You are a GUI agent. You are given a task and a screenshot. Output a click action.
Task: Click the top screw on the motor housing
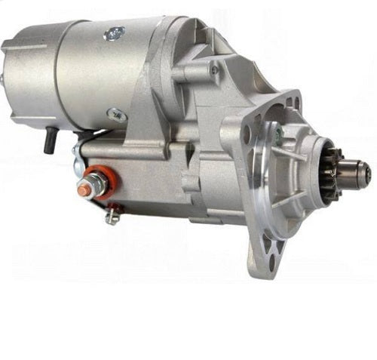(115, 32)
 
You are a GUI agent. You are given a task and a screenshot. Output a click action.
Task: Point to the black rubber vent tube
(49, 140)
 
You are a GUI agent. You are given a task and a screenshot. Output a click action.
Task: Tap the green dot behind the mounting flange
(279, 137)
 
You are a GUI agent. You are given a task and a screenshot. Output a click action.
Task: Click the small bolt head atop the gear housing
(215, 69)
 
